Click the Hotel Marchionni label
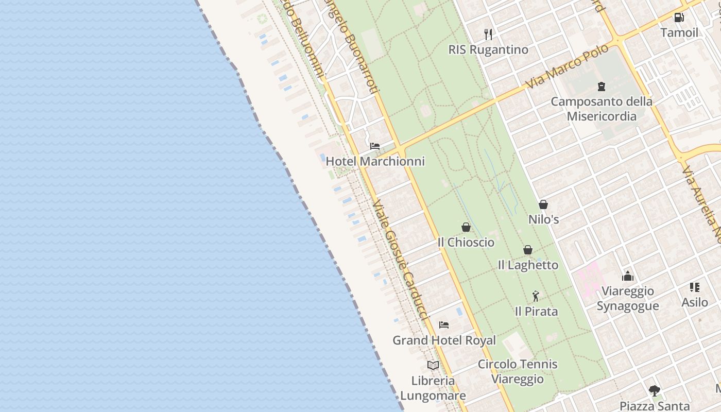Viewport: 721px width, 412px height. (375, 161)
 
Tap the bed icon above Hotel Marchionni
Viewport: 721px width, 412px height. (375, 146)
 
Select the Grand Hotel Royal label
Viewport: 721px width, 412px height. (444, 340)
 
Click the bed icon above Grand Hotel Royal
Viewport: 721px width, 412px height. (444, 325)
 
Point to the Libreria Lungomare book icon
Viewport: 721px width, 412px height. (433, 365)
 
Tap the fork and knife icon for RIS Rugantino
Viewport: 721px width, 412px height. (488, 35)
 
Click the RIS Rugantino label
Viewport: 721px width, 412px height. (488, 50)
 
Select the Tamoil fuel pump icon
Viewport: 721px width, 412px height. (679, 18)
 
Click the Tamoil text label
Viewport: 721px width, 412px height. (679, 32)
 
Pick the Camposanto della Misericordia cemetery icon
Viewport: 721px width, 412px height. (601, 86)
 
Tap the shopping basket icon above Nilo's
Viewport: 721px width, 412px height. (543, 204)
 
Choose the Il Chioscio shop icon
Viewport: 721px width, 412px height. (466, 227)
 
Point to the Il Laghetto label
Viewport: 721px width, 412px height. (528, 265)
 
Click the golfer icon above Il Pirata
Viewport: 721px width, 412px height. (536, 296)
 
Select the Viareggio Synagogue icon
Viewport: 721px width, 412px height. (628, 277)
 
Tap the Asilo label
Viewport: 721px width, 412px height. (695, 302)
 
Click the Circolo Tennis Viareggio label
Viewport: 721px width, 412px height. (517, 371)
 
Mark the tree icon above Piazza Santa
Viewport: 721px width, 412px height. (655, 390)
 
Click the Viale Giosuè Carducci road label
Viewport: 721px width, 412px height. (400, 260)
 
